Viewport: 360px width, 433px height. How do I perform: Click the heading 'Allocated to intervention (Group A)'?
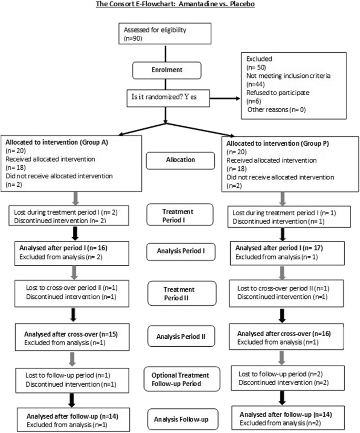57,142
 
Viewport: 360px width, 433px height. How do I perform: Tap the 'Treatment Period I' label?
180,215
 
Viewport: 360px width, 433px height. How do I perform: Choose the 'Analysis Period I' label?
180,251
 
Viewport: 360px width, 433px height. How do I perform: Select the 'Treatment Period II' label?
180,293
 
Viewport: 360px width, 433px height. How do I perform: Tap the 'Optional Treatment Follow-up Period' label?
180,379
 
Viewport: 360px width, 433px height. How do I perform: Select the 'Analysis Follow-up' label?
180,420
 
